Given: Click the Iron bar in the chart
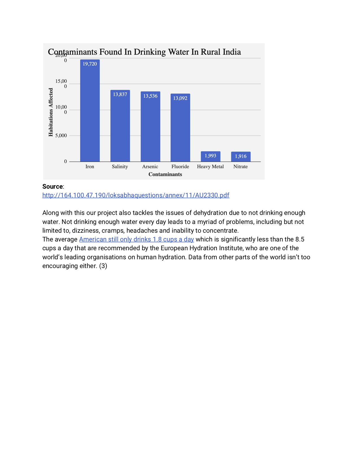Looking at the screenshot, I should point(90,113).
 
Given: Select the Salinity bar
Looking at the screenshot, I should point(120,127).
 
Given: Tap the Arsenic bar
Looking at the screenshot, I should point(150,129).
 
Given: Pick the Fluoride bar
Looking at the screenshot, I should point(180,130).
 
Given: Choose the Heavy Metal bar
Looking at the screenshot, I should point(210,157).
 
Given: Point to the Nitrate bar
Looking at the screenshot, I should point(241,157).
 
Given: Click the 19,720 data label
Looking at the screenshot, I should point(90,64).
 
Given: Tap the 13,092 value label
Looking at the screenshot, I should point(180,98).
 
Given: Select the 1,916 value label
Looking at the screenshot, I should point(241,156).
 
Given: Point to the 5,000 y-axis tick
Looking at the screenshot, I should point(61,136).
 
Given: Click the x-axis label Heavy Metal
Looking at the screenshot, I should point(210,167).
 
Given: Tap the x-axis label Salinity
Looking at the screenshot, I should point(120,167).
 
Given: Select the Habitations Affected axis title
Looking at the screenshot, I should point(51,112).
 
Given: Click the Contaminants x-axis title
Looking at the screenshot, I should point(165,174).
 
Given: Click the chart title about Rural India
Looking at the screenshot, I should point(144,52).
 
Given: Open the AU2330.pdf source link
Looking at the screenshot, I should point(136,195).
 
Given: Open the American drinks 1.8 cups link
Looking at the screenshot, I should point(136,239).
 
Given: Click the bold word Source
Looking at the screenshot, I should point(53,186).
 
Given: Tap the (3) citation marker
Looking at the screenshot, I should point(103,266).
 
